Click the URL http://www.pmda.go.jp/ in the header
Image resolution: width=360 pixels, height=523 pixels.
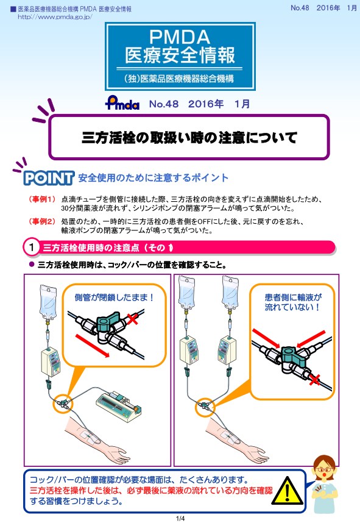click(x=55, y=17)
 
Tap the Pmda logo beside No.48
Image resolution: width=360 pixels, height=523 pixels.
click(x=122, y=104)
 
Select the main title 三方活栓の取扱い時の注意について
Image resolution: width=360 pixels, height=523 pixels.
click(x=189, y=137)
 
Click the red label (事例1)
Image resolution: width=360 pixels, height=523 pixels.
click(x=42, y=199)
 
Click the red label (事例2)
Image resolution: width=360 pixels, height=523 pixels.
click(x=42, y=221)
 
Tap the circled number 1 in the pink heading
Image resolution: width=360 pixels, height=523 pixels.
click(x=30, y=247)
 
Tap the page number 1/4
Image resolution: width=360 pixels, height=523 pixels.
click(x=180, y=518)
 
